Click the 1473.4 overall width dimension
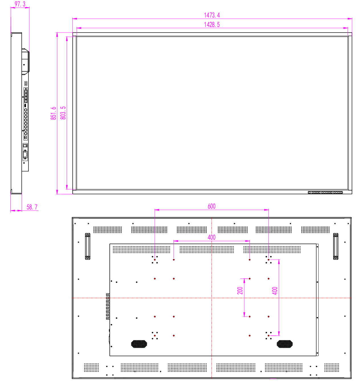(212, 15)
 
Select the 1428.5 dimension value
(212, 25)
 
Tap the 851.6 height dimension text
(53, 113)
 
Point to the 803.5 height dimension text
(63, 113)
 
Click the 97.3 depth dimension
(20, 4)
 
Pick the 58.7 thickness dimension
(32, 207)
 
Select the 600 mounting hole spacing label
(211, 206)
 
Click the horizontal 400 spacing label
(211, 237)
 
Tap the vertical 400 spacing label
(275, 291)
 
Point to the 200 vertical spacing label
(240, 291)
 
